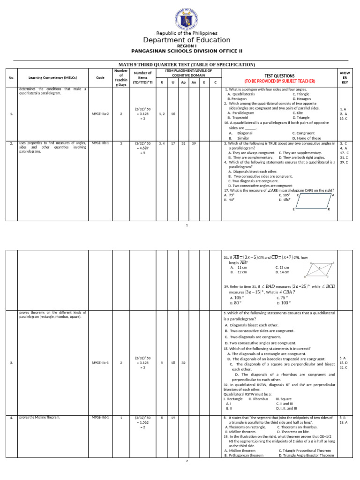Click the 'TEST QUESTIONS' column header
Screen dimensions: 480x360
click(x=279, y=75)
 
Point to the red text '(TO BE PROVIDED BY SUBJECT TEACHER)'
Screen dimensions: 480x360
click(x=279, y=81)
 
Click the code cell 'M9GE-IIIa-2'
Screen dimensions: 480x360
click(x=100, y=113)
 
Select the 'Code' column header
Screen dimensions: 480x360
click(x=100, y=78)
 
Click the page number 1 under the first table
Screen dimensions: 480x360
click(x=187, y=225)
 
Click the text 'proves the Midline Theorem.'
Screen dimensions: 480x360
click(x=40, y=417)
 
